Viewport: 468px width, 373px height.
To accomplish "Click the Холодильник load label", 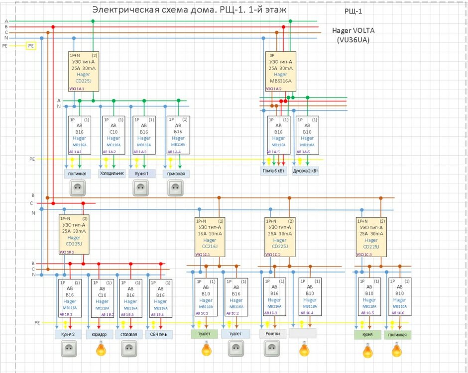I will point(112,174).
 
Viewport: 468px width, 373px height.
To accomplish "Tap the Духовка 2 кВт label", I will point(305,171).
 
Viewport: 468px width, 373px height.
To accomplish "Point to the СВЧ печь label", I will point(159,334).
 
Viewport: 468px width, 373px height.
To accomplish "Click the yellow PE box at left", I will point(31,46).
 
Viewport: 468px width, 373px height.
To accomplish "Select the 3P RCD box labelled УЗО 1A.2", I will point(280,72).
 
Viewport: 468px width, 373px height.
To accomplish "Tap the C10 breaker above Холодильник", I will point(113,135).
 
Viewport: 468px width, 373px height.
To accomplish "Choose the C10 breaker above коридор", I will point(102,298).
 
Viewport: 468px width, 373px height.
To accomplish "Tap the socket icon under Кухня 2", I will point(69,350).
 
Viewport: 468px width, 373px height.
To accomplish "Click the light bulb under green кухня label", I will point(367,351).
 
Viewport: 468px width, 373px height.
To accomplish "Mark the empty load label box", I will point(303,334).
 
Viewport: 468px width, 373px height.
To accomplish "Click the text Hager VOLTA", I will point(354,30).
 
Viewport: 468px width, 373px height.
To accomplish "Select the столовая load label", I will point(129,334).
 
